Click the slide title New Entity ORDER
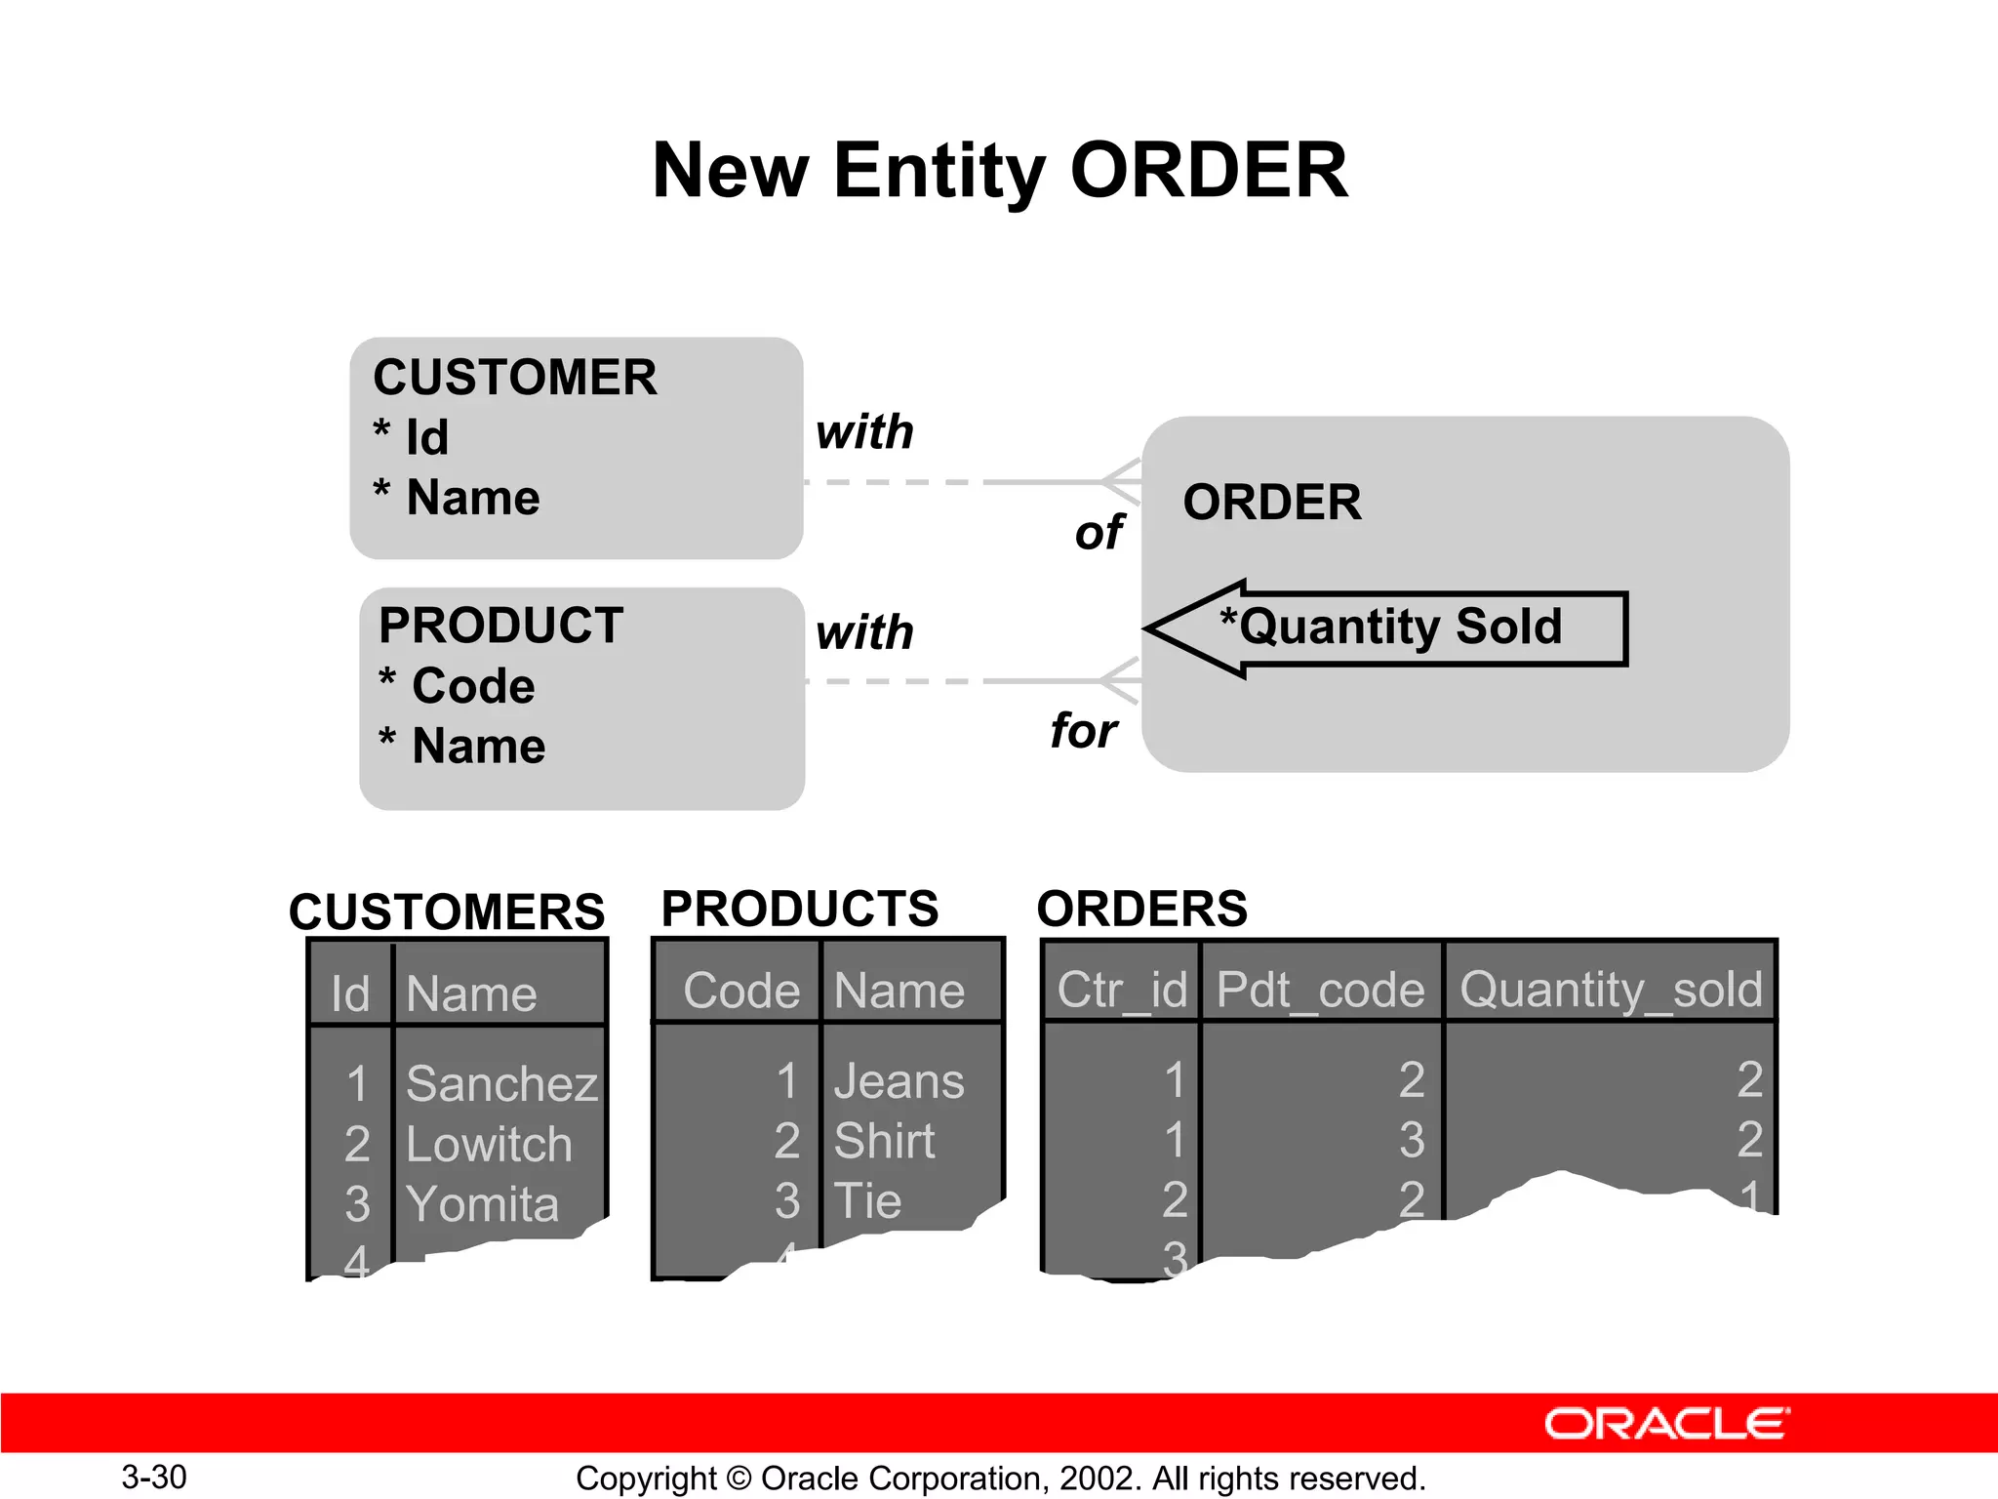click(1000, 171)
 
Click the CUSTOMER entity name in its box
click(515, 378)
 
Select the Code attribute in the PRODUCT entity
click(472, 686)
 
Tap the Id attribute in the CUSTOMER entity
click(426, 437)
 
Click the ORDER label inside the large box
click(1271, 503)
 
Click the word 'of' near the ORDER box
click(1099, 533)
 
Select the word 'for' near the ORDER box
click(1083, 731)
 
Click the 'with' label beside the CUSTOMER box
click(864, 431)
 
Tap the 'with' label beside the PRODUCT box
click(864, 632)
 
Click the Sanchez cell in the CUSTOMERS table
click(501, 1084)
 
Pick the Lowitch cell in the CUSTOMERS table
click(488, 1145)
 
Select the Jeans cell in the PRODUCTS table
click(899, 1081)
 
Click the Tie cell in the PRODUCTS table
click(867, 1201)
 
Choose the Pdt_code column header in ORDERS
click(1320, 991)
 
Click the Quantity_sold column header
click(1611, 991)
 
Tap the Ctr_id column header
click(1122, 991)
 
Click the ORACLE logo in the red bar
click(1666, 1424)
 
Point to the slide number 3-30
click(154, 1477)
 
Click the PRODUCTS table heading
click(799, 909)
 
